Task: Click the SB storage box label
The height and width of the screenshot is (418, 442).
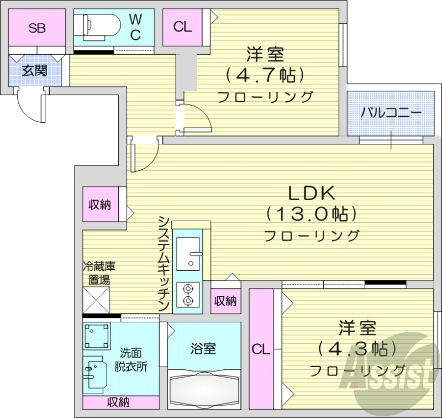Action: pos(36,28)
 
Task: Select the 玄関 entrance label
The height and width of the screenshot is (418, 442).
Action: pos(34,70)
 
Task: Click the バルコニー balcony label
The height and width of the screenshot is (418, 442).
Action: pos(391,112)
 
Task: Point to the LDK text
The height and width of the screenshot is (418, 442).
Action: pos(311,192)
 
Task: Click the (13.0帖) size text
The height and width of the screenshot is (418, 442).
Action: pos(311,213)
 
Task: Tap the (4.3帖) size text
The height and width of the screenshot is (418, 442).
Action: pos(357,348)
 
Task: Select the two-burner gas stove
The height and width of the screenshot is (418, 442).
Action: pos(188,294)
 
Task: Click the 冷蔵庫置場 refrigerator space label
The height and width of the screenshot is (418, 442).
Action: pos(99,272)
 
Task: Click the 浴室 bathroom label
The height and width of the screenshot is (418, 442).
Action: pos(203,349)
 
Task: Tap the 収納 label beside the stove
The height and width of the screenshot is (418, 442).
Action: pos(225,301)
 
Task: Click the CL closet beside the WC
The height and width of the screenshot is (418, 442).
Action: pos(182,27)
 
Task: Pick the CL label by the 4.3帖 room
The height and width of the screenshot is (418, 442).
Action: pos(261,349)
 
